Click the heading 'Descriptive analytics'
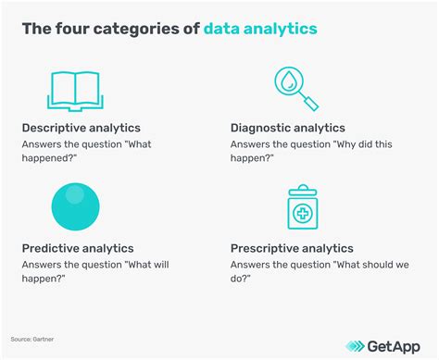[x=81, y=128]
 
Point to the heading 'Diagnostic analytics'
[x=288, y=128]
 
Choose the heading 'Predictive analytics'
[x=78, y=248]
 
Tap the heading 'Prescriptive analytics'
[x=292, y=248]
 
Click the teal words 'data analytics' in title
[x=260, y=30]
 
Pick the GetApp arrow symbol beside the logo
[x=357, y=346]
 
